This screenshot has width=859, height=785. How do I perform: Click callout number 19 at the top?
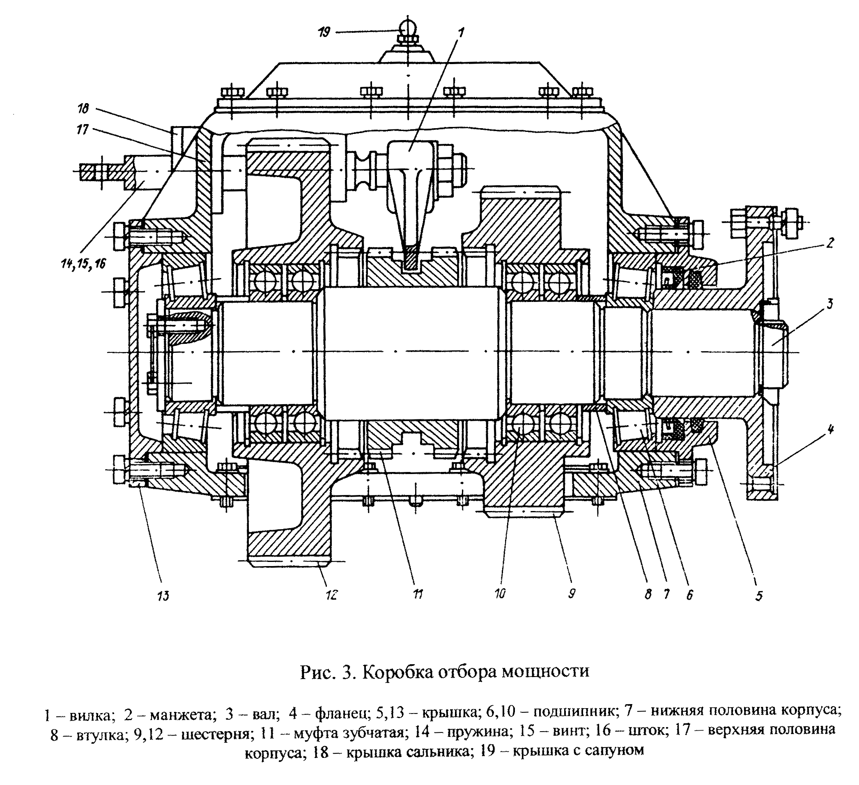click(x=324, y=32)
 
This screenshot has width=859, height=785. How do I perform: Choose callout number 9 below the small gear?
click(x=572, y=593)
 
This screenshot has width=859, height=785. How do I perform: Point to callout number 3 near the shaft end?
click(x=829, y=304)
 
